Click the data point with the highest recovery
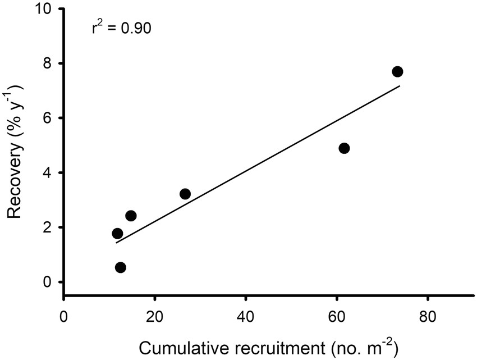tap(397, 72)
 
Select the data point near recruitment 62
tap(344, 148)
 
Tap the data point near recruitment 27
tap(185, 194)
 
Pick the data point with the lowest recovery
tap(121, 267)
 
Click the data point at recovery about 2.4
tap(131, 216)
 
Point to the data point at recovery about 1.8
tap(117, 234)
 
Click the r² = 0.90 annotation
tap(121, 28)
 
